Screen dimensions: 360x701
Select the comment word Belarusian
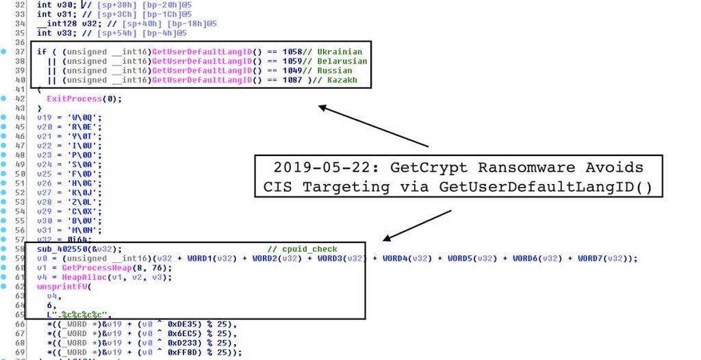pyautogui.click(x=342, y=61)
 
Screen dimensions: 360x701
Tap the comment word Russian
pyautogui.click(x=335, y=70)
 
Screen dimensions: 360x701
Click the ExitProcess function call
pyautogui.click(x=75, y=99)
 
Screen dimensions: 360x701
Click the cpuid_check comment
pyautogui.click(x=311, y=249)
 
